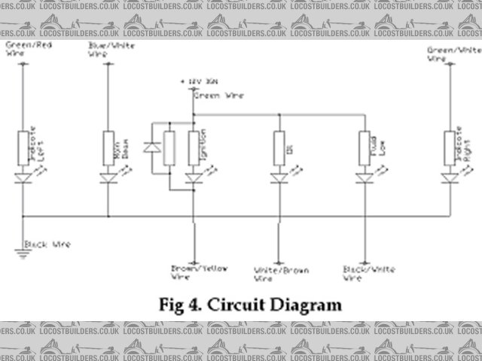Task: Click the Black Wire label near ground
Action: pos(48,244)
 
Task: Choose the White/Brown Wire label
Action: pos(281,272)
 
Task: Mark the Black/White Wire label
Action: pos(365,272)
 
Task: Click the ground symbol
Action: pos(23,253)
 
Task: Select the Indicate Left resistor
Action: pos(23,147)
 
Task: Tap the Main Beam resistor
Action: pos(108,147)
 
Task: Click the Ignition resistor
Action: pos(194,147)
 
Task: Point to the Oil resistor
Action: pos(279,147)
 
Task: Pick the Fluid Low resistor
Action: pos(365,147)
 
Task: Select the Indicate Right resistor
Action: pos(450,147)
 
